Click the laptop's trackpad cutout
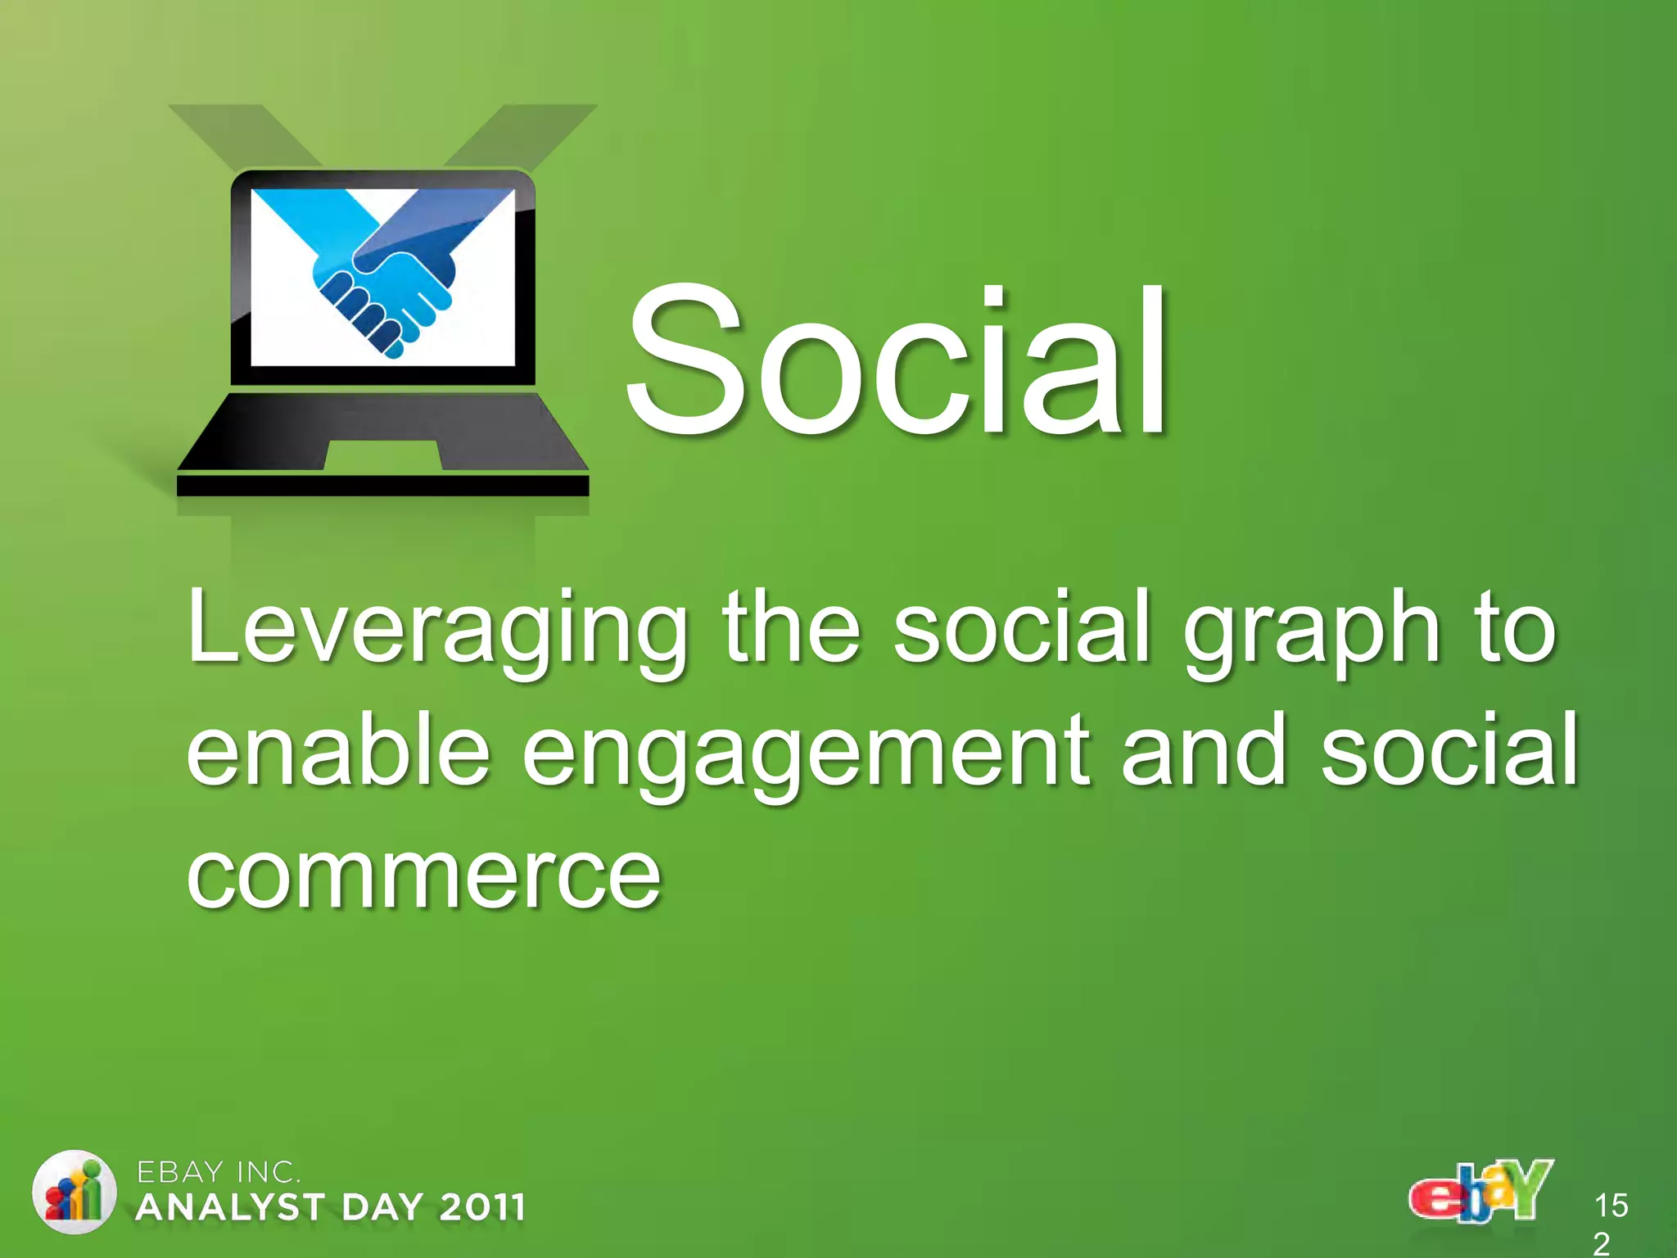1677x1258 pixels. tap(383, 455)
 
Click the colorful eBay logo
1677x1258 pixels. tap(1480, 1191)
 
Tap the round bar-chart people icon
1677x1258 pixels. tap(74, 1192)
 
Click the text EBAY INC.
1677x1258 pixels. tap(218, 1173)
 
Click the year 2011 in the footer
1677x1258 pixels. tap(482, 1208)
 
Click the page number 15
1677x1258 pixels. tap(1611, 1206)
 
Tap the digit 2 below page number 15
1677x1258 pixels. tap(1602, 1243)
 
